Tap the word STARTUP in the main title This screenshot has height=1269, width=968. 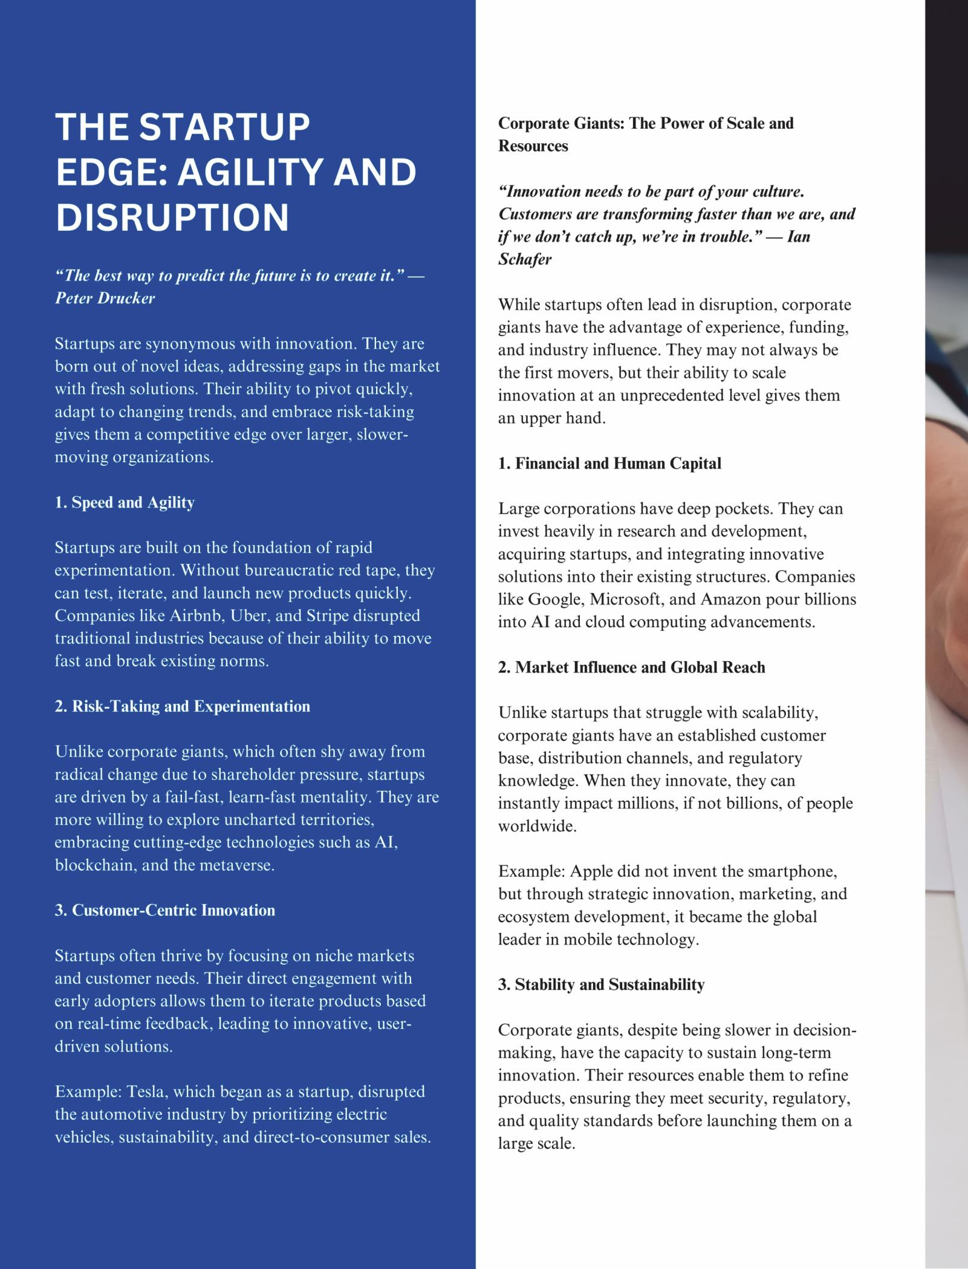click(x=224, y=127)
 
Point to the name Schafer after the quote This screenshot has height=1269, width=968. click(x=525, y=259)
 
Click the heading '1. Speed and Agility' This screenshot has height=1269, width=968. click(x=125, y=503)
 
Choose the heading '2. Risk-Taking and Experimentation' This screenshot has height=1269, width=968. click(x=182, y=706)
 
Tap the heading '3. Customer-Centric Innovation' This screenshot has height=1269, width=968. click(x=164, y=910)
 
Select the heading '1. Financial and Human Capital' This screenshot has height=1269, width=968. click(x=609, y=463)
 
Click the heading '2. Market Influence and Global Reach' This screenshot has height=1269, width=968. click(x=631, y=667)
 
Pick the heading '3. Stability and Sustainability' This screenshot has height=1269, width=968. click(x=601, y=984)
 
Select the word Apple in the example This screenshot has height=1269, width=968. click(x=592, y=871)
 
